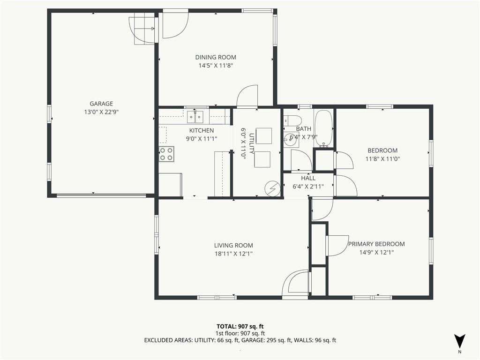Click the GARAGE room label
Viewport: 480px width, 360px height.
(101, 104)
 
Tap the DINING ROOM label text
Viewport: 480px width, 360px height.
(216, 57)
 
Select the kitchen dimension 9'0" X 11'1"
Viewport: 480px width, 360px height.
(202, 139)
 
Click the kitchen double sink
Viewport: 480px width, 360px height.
(195, 117)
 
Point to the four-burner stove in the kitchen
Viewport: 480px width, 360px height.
(166, 154)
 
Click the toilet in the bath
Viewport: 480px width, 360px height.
(293, 120)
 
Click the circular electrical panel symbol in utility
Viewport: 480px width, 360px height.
(273, 188)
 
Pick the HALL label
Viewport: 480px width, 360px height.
(308, 178)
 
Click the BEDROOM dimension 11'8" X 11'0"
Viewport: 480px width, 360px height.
(382, 159)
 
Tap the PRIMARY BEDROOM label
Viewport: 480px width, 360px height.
(376, 244)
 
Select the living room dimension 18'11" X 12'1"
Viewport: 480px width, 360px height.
(233, 254)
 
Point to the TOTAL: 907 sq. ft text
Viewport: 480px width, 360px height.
(240, 326)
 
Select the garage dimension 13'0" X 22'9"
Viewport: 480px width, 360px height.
(101, 112)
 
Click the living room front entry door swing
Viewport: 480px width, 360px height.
(295, 282)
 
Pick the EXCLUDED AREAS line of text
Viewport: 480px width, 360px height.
(240, 340)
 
